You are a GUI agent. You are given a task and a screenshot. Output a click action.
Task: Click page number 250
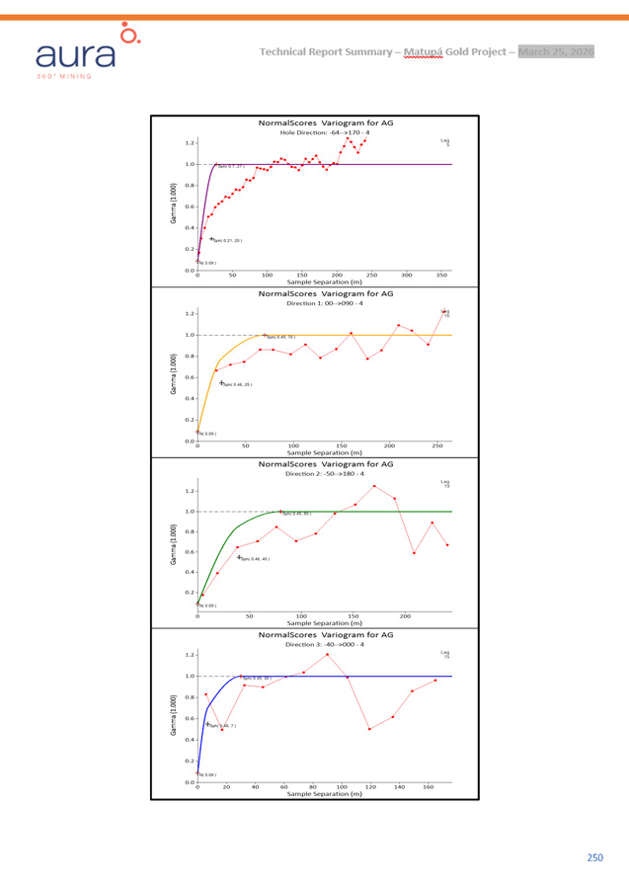click(x=593, y=858)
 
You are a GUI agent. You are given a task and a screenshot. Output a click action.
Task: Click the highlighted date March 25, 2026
click(x=556, y=51)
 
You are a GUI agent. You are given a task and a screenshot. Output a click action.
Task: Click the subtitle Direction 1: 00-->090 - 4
click(x=325, y=302)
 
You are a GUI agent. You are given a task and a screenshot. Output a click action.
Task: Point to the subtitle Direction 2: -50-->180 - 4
click(x=325, y=473)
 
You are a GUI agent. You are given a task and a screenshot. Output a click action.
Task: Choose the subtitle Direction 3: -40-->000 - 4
click(x=325, y=644)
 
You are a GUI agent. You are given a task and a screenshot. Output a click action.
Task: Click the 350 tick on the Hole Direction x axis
click(x=441, y=276)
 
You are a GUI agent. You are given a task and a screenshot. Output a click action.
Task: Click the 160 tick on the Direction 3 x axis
click(x=429, y=787)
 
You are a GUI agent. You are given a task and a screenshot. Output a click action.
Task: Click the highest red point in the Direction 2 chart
click(x=374, y=486)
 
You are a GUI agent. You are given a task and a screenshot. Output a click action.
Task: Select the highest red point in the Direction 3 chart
click(x=327, y=654)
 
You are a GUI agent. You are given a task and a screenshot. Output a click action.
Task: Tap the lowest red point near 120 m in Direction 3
click(x=369, y=729)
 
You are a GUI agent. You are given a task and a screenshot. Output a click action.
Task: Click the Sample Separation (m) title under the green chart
click(x=325, y=623)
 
